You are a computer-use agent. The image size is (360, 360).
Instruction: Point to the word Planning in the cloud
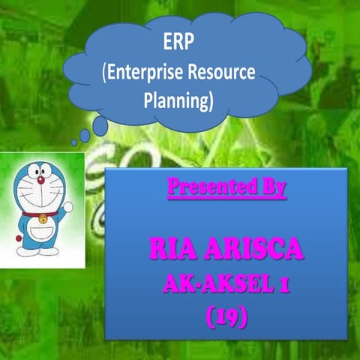(x=178, y=101)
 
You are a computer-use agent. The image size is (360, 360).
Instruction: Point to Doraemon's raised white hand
(x=67, y=206)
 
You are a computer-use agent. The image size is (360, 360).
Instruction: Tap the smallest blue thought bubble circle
(x=73, y=142)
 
